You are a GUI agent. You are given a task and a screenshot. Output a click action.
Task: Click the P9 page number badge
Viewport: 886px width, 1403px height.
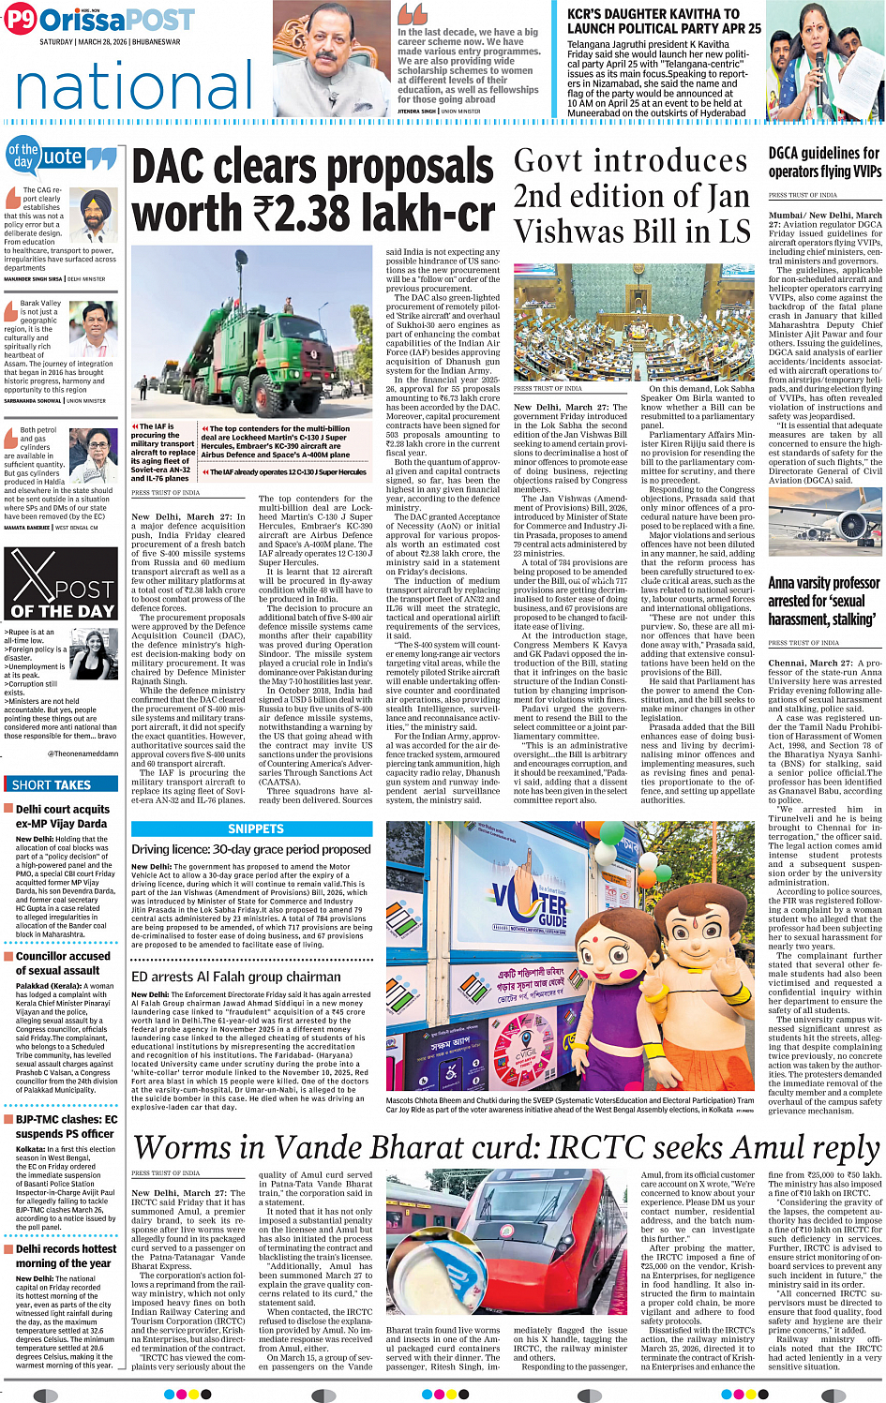click(x=21, y=20)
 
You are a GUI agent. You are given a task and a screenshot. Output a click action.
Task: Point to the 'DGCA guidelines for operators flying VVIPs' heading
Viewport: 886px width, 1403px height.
click(x=824, y=162)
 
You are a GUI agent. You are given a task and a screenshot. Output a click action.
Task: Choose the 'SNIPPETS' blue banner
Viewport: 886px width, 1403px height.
click(x=256, y=828)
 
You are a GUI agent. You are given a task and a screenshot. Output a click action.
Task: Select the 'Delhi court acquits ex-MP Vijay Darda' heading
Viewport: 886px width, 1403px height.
click(x=62, y=816)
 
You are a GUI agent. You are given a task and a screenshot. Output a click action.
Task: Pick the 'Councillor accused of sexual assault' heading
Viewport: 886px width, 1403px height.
click(x=62, y=963)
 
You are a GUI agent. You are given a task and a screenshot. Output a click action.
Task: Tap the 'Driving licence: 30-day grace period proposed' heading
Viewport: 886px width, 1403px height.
click(x=250, y=849)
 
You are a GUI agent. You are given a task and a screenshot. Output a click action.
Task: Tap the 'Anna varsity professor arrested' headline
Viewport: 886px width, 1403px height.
click(x=824, y=601)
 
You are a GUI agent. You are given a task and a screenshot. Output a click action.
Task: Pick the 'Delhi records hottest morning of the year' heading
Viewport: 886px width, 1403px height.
click(x=62, y=1256)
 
